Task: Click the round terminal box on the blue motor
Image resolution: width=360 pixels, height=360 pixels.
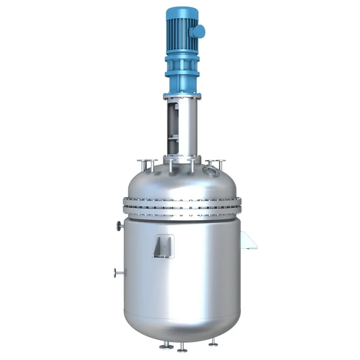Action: pos(198,31)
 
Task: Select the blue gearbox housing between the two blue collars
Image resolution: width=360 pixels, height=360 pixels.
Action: pos(182,65)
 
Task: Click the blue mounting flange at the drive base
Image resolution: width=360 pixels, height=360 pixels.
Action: pos(182,96)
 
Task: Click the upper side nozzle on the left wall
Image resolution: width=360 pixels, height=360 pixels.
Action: pos(119,226)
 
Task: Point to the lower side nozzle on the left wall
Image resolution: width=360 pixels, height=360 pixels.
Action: pos(117,273)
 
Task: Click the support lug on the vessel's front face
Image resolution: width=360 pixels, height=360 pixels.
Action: pos(163,246)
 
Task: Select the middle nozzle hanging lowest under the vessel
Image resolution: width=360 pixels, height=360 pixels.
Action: pos(182,348)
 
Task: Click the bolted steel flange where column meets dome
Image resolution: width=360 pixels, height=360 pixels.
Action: pos(182,159)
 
